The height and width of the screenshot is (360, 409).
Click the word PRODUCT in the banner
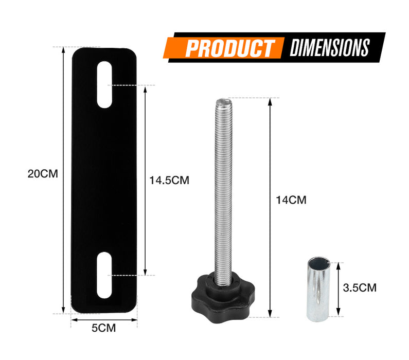[x=229, y=48]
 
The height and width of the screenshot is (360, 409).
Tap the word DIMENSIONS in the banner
[x=329, y=48]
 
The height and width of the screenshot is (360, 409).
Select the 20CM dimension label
[x=43, y=174]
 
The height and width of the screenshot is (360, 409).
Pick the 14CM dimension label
[x=291, y=200]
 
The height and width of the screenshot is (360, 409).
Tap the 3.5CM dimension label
[x=360, y=287]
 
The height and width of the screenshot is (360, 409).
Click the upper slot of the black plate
[x=104, y=84]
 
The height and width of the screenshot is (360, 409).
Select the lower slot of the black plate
[x=104, y=275]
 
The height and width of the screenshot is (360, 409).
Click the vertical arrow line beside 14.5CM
[x=146, y=180]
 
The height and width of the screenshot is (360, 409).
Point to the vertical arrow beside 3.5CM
[x=338, y=288]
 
